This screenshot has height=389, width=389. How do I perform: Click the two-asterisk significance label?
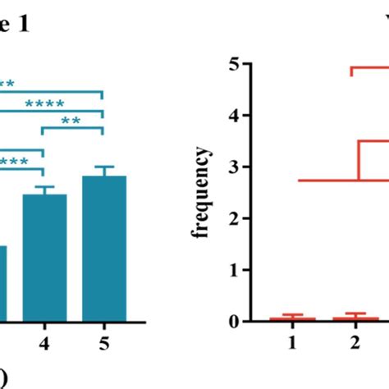tap(71, 121)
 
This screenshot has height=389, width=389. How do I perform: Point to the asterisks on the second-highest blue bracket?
tap(44, 103)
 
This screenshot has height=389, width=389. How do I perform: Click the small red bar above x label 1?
tap(293, 318)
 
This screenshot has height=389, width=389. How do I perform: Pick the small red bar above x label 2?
tap(356, 318)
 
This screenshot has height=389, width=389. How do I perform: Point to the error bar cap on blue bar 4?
tap(44, 186)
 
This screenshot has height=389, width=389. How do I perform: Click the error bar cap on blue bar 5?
tap(104, 167)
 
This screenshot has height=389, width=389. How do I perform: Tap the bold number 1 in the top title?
tap(25, 25)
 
